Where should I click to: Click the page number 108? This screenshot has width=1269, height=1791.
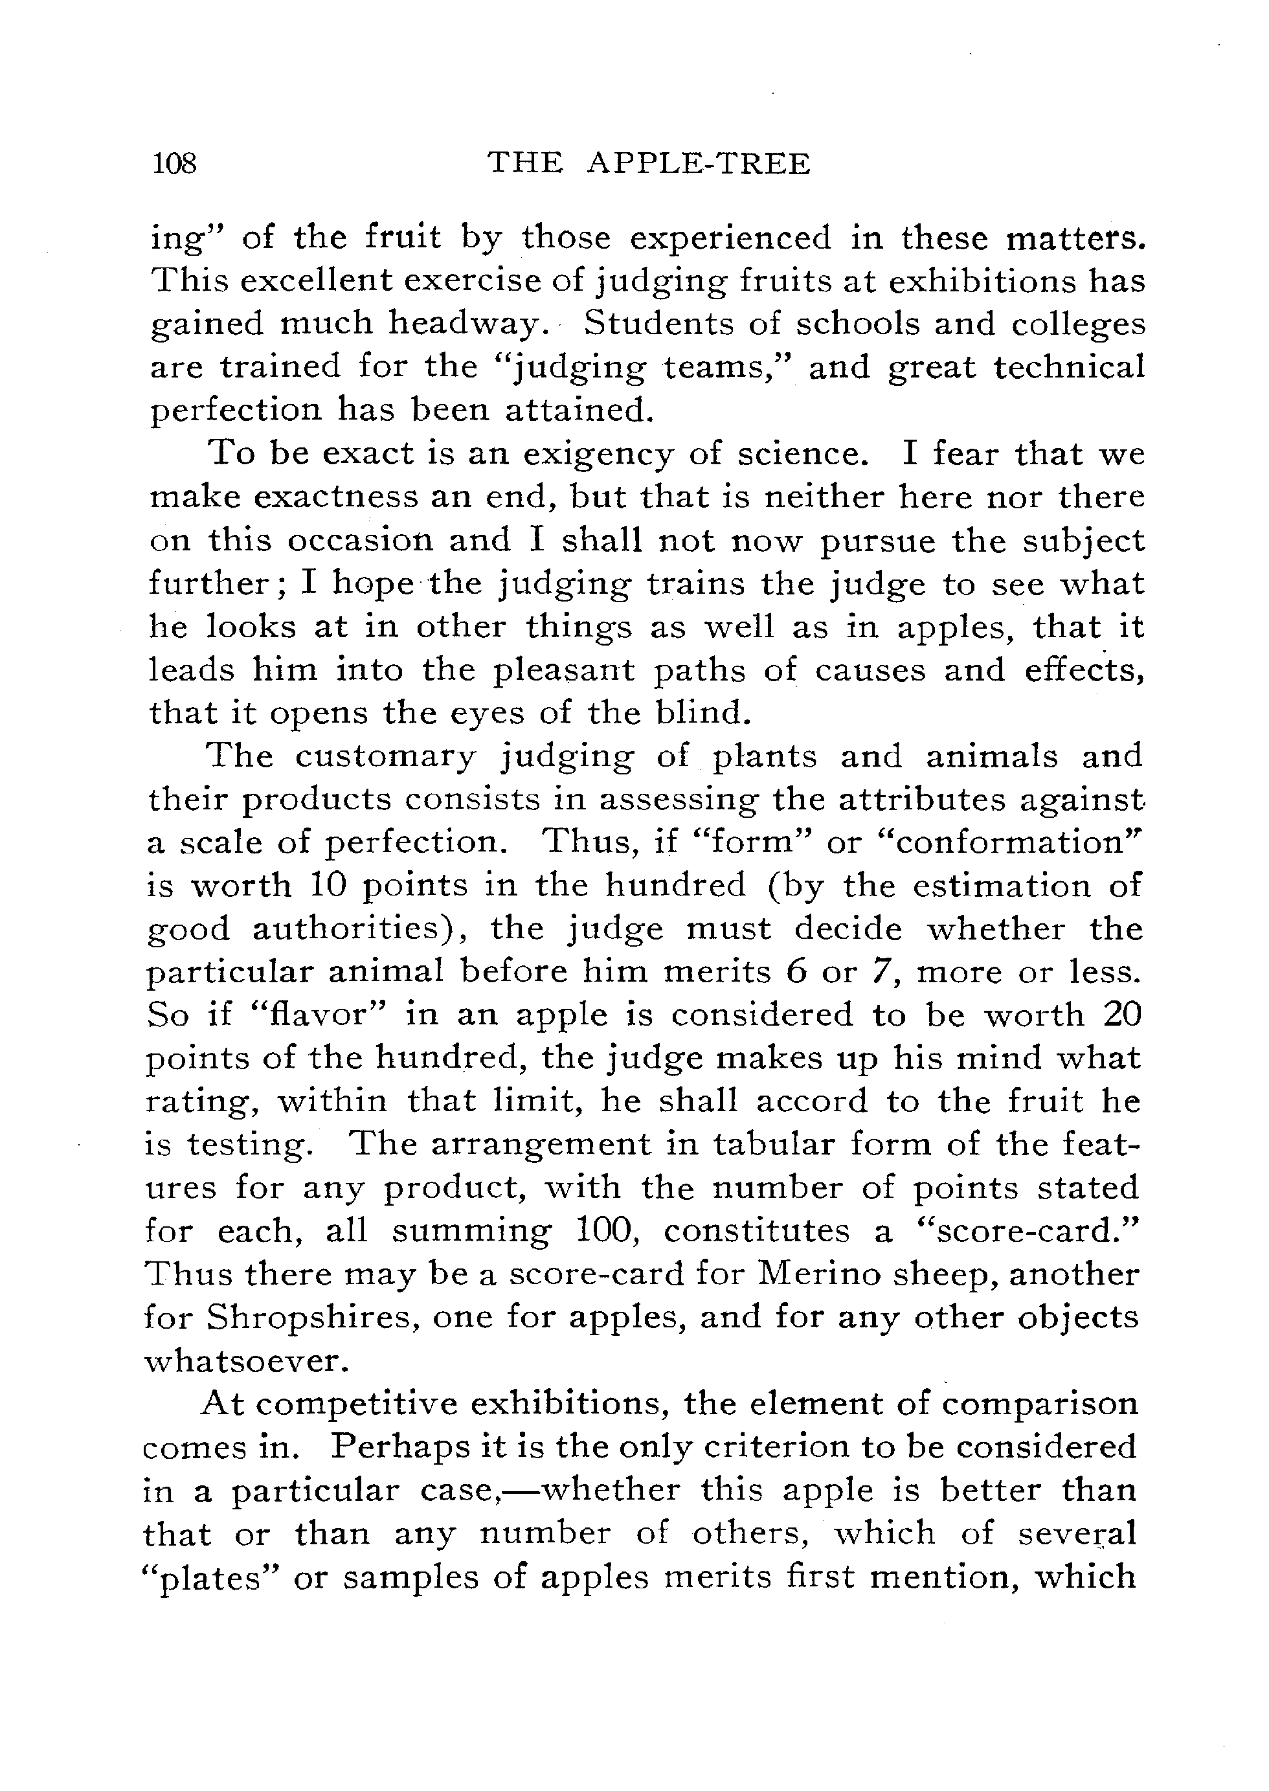point(176,164)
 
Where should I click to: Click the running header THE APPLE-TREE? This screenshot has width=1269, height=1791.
point(649,164)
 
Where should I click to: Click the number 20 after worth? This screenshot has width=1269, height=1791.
point(1122,1015)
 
